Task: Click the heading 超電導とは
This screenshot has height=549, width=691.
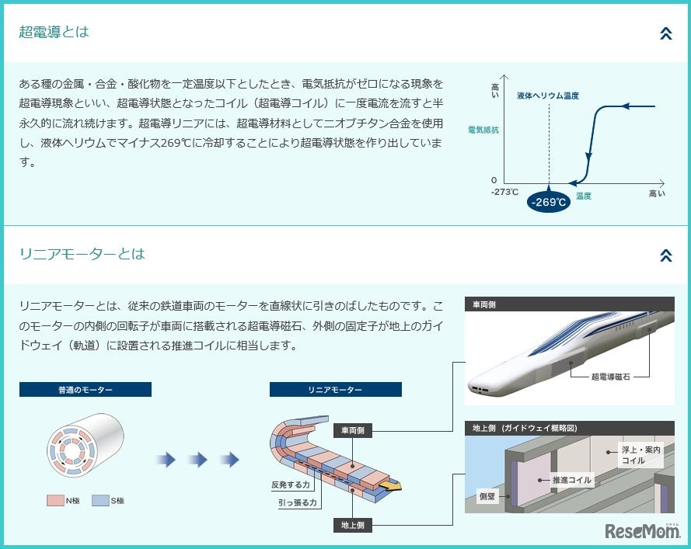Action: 54,33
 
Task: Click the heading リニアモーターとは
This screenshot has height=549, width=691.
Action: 82,254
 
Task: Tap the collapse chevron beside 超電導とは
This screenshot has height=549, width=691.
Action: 665,33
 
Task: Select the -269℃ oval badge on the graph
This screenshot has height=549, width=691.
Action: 549,202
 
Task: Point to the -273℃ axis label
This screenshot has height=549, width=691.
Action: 504,192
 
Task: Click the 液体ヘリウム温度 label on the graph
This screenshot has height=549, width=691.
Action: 548,96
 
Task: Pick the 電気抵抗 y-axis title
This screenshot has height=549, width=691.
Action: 483,130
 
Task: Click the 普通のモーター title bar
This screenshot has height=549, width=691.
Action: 86,389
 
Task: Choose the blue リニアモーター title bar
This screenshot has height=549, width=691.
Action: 335,389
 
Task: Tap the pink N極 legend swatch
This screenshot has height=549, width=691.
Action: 55,501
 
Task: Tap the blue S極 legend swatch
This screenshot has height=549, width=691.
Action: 99,501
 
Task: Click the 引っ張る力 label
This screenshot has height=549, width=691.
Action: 298,502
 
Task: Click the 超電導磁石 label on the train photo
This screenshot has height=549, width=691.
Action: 610,375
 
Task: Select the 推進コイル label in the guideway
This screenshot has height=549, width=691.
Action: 571,480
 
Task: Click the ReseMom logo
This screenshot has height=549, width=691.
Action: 642,532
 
